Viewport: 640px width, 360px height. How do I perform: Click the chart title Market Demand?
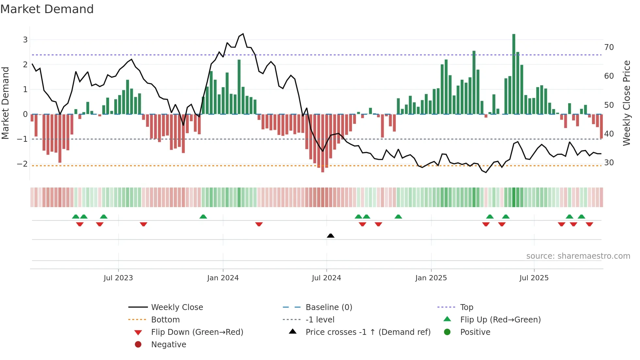(47, 9)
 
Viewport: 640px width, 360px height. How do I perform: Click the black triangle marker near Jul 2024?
(330, 236)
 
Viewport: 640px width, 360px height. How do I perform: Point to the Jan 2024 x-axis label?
(223, 278)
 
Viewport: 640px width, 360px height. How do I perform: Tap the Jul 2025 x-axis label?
(534, 278)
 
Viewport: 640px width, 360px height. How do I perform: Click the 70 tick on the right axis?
(609, 47)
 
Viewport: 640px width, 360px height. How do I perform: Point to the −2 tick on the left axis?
(22, 164)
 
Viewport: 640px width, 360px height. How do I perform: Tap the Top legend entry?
(467, 307)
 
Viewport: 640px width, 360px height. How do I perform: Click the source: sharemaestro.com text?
(578, 256)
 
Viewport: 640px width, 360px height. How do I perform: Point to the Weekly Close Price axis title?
(626, 103)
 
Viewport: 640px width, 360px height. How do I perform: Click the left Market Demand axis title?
(5, 103)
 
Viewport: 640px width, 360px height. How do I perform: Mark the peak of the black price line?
(243, 34)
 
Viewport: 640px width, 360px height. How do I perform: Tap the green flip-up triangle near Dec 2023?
(203, 217)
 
